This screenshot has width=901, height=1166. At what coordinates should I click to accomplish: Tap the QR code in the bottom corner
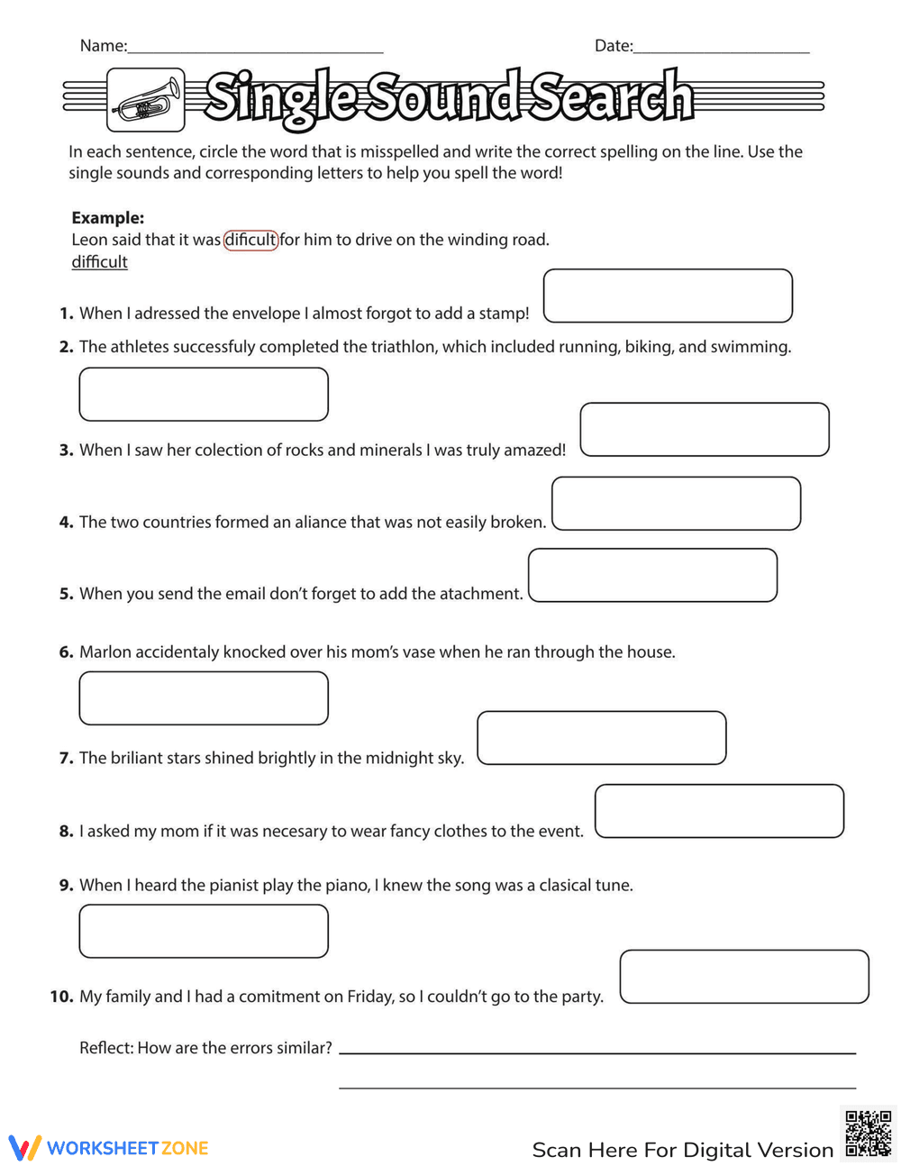[869, 1133]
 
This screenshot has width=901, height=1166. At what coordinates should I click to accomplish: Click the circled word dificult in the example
[250, 240]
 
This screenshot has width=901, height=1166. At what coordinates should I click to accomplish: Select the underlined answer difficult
[99, 262]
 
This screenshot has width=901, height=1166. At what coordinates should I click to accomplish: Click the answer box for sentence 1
[668, 296]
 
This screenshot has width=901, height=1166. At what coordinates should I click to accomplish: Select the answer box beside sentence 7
[601, 738]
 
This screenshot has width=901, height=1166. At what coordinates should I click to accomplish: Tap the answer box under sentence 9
[204, 932]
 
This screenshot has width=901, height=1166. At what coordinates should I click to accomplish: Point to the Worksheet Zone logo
[109, 1148]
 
